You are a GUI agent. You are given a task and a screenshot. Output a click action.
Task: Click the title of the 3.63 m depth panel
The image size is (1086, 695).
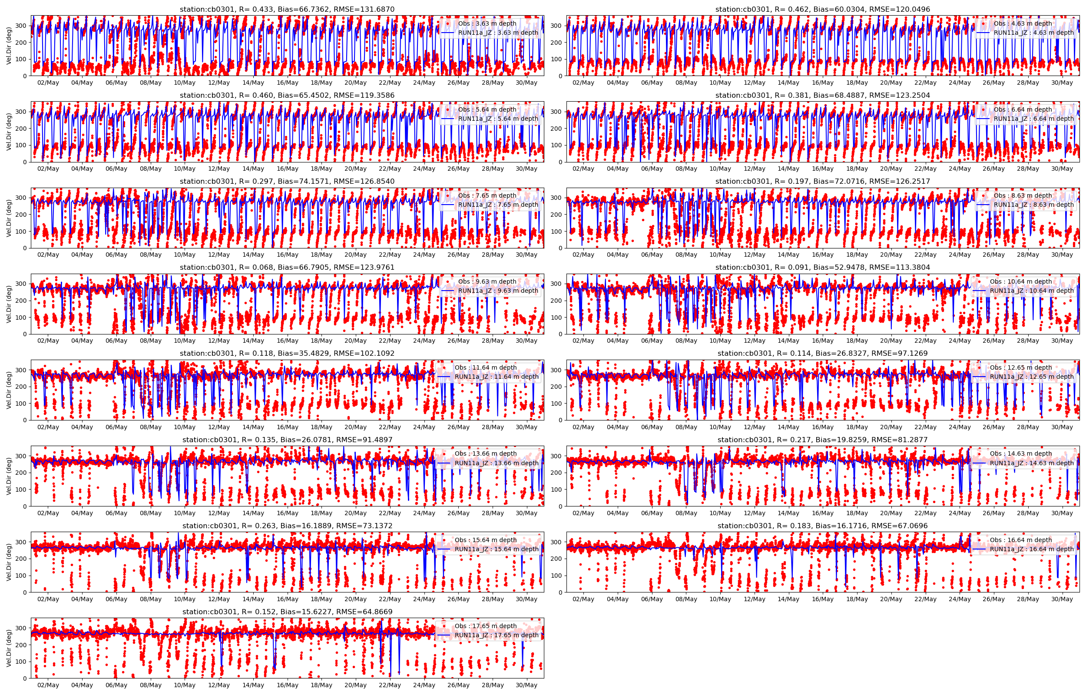[x=287, y=9]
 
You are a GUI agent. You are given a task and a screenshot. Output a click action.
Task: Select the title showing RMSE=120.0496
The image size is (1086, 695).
[x=822, y=9]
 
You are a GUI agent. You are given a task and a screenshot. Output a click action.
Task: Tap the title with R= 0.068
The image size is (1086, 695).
[x=287, y=267]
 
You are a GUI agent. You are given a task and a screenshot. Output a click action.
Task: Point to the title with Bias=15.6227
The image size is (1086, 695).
[x=287, y=612]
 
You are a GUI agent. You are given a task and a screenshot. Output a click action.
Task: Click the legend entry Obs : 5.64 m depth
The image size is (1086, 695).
[x=487, y=109]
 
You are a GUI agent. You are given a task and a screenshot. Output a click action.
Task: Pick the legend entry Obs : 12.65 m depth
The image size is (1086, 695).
[x=1020, y=367]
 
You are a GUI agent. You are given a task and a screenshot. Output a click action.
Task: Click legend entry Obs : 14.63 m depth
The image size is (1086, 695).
[x=1020, y=453]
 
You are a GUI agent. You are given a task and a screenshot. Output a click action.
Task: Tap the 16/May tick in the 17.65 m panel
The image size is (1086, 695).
[x=288, y=685]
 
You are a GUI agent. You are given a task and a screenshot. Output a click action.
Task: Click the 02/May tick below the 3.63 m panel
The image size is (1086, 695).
[x=48, y=83]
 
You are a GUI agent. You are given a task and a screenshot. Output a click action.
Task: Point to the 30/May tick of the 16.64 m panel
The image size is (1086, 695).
[x=1062, y=599]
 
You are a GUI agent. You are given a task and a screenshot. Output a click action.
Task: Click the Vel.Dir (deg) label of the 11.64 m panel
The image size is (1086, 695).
[x=9, y=390]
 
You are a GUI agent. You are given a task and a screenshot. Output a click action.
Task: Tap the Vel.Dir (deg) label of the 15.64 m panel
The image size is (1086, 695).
[x=9, y=563]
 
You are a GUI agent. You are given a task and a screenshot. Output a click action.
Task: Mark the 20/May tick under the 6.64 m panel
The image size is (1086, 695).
[x=891, y=169]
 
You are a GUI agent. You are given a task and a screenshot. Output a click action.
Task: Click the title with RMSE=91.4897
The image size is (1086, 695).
[x=287, y=440]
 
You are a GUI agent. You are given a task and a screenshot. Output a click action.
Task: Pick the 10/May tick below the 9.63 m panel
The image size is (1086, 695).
[x=185, y=341]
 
